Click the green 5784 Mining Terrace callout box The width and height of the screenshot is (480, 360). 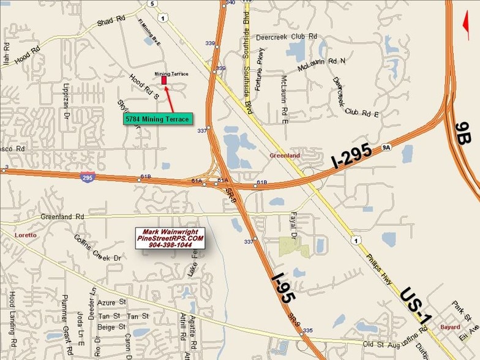tap(157, 119)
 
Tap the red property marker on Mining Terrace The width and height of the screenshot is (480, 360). tap(164, 80)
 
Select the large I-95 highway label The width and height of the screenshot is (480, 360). tap(284, 289)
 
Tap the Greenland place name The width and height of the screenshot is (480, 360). tap(285, 156)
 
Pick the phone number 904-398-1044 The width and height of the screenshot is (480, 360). tap(170, 244)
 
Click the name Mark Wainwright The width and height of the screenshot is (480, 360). tap(170, 231)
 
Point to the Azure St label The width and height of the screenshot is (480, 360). tap(112, 303)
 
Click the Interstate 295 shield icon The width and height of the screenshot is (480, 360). tap(87, 177)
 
